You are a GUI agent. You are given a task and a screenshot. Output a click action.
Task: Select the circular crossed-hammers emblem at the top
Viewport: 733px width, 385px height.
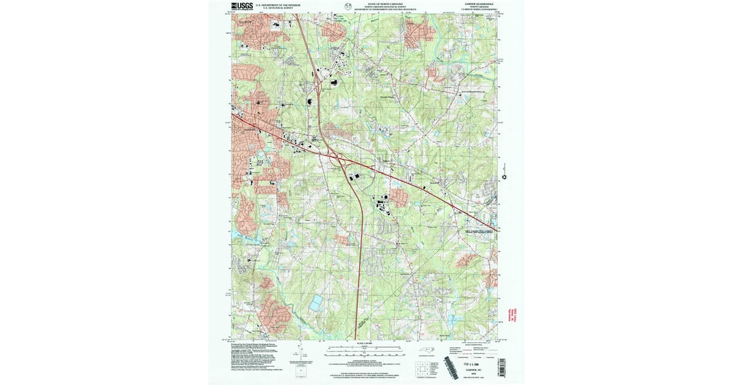click(x=348, y=7)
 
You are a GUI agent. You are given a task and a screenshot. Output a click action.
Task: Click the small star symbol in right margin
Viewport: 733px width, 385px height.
click(x=505, y=177)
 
